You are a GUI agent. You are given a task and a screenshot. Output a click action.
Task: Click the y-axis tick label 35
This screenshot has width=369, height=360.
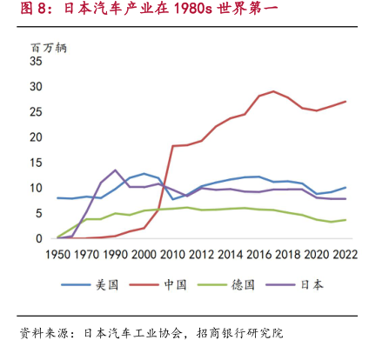pyautogui.click(x=36, y=61)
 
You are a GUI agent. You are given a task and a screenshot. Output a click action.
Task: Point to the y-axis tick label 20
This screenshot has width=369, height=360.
pyautogui.click(x=36, y=137)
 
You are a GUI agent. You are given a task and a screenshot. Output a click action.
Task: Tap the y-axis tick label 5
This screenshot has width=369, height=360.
pyautogui.click(x=39, y=214)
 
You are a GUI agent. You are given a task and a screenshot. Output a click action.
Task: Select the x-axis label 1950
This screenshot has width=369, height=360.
pyautogui.click(x=58, y=255)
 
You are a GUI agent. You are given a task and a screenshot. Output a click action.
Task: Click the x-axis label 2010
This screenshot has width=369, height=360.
pyautogui.click(x=172, y=255)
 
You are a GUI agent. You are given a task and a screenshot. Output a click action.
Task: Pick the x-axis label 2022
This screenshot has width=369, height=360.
pyautogui.click(x=345, y=255)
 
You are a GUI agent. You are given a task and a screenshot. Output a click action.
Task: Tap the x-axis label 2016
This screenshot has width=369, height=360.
pyautogui.click(x=258, y=255)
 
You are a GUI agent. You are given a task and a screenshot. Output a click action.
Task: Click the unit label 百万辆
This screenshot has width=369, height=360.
pyautogui.click(x=49, y=48)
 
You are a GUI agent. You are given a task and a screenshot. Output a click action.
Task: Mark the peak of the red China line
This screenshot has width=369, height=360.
pyautogui.click(x=273, y=91)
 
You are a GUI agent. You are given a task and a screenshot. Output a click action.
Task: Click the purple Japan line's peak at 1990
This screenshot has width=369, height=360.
pyautogui.click(x=115, y=170)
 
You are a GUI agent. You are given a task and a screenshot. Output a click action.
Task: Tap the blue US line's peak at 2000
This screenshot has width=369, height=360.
pyautogui.click(x=144, y=174)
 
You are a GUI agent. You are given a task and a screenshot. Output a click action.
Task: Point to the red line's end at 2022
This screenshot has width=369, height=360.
pyautogui.click(x=346, y=102)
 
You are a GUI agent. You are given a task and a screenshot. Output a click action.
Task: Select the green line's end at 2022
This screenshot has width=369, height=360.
pyautogui.click(x=346, y=220)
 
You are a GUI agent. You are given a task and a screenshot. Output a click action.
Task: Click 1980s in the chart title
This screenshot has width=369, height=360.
pyautogui.click(x=193, y=9)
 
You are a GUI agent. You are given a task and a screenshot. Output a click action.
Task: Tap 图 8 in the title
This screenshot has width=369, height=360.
pyautogui.click(x=34, y=9)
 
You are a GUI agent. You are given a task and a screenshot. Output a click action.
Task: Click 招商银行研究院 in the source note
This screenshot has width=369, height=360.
pyautogui.click(x=239, y=333)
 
